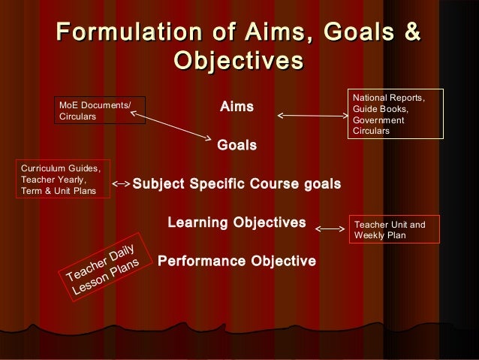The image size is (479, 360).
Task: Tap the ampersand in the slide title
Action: (x=411, y=33)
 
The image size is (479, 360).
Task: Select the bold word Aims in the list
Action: (x=236, y=108)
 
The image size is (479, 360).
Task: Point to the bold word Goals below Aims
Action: (x=236, y=144)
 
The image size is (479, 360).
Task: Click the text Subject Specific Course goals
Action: (x=236, y=184)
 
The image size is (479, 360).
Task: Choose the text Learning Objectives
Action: (x=236, y=222)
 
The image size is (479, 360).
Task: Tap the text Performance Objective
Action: (x=236, y=262)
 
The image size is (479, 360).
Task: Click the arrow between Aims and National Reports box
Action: (x=312, y=116)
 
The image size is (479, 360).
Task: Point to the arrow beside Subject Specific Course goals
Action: (x=122, y=183)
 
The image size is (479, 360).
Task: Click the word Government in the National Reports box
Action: (x=378, y=120)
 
